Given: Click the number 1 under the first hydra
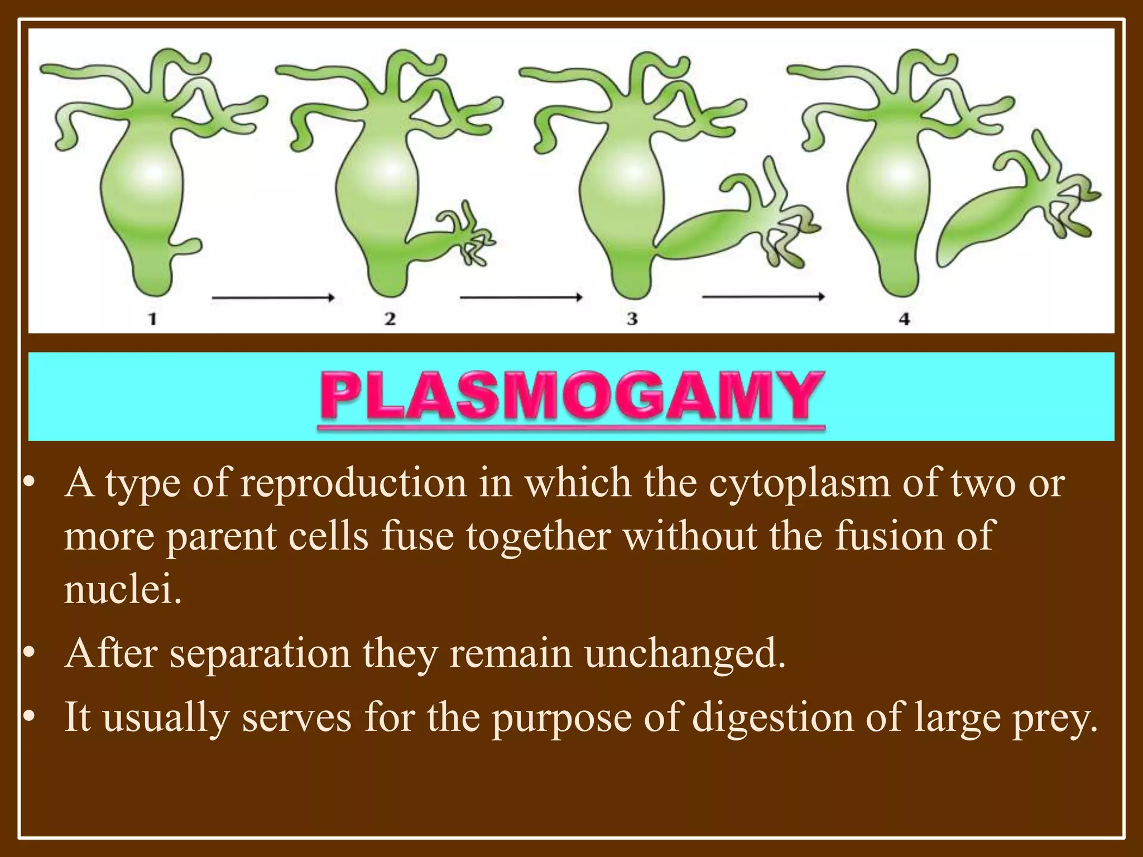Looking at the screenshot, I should pos(152,319).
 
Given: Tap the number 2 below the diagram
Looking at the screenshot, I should pos(390,319).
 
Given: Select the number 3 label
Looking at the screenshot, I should pos(632,319).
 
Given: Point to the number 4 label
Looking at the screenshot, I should pos(904,319).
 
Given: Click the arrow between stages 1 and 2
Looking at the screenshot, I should pos(273,298).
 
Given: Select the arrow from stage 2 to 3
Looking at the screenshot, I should pos(521,298).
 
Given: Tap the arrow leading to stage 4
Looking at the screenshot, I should pos(763,297).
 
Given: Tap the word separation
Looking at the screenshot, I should pos(260,654).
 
